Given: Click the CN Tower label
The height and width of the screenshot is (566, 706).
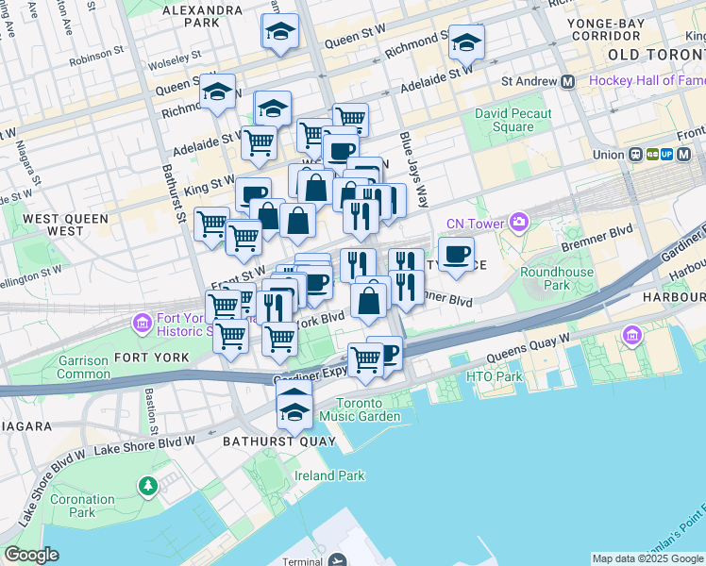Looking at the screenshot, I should tap(479, 223).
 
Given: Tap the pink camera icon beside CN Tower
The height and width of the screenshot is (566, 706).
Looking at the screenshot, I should tap(518, 223).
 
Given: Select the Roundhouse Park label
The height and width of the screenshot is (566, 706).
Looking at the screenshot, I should tap(558, 278).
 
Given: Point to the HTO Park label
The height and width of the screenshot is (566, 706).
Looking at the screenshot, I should tap(494, 377).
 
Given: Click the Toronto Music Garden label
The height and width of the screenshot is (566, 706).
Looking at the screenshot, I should tap(360, 409).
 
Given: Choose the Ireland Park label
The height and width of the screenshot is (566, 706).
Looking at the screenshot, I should tap(329, 475).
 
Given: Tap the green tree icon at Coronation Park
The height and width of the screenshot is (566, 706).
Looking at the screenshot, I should tap(147, 486).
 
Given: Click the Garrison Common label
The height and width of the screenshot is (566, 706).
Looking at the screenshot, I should tap(84, 366).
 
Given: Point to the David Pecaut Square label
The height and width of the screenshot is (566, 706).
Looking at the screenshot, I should tap(513, 120).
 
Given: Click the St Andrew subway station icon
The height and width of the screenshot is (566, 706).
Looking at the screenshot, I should tap(568, 81).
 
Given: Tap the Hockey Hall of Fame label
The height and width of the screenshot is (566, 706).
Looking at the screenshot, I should tap(646, 81).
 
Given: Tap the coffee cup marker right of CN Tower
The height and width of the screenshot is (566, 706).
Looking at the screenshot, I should tap(457, 254).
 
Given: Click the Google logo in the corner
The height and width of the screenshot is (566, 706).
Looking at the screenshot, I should tap(32, 555).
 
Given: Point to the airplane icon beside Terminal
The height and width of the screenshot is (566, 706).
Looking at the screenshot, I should tap(338, 560).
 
